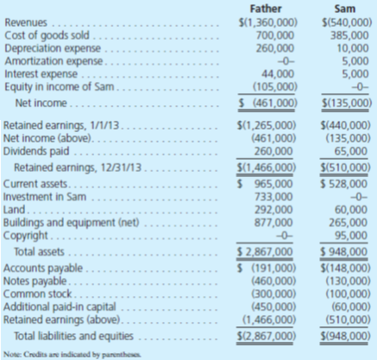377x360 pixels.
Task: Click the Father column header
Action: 269,8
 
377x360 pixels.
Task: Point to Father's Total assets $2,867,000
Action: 268,250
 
